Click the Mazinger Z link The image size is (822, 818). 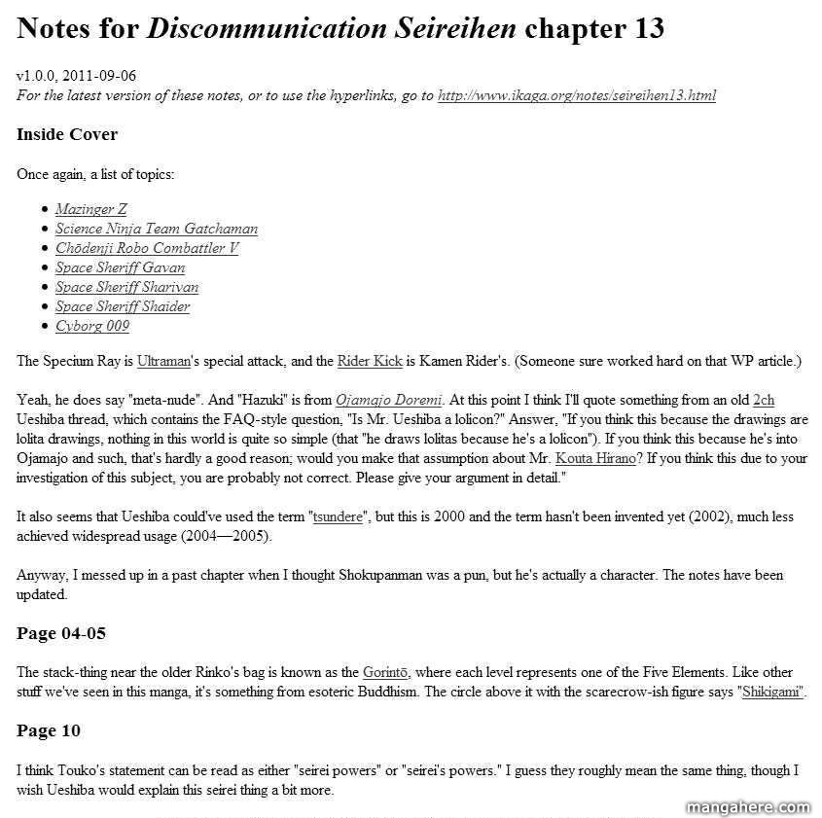(90, 209)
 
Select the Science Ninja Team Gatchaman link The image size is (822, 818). (156, 229)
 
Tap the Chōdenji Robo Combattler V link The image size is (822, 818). (146, 248)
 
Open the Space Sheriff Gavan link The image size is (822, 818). (120, 267)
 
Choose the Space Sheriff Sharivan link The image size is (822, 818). (126, 287)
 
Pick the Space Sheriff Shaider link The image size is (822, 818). (123, 306)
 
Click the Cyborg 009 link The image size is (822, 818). (91, 326)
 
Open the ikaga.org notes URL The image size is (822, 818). (577, 95)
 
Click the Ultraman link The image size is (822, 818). (158, 361)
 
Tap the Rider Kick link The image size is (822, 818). (370, 361)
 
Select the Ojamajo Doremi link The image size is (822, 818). (389, 400)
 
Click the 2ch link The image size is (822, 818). (764, 400)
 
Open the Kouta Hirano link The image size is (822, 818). (595, 458)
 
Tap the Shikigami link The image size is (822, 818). (772, 692)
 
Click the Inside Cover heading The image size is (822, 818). (67, 134)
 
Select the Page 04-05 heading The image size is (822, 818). (61, 633)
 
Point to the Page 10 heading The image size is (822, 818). (49, 730)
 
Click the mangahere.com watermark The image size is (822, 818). (748, 807)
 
